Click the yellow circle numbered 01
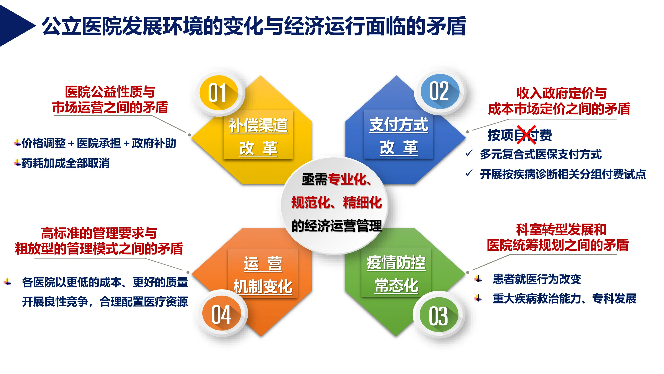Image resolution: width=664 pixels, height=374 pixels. [x=219, y=93]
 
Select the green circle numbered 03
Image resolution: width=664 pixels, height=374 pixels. [x=439, y=315]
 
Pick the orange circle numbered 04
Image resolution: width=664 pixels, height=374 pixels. [x=221, y=314]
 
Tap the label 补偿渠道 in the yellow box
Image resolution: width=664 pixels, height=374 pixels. [x=258, y=125]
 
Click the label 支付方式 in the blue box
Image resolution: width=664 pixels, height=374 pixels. [x=398, y=125]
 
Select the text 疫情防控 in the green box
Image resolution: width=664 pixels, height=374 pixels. [x=396, y=263]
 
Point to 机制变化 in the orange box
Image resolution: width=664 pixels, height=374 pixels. [x=263, y=286]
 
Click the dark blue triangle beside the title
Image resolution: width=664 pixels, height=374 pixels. [x=14, y=26]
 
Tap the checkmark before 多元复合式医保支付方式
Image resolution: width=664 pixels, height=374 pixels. [x=469, y=154]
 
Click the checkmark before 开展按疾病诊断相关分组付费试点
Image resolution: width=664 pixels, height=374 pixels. [x=469, y=173]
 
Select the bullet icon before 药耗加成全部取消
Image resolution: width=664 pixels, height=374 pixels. [x=17, y=163]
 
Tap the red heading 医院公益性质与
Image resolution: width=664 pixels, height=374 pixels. [x=110, y=92]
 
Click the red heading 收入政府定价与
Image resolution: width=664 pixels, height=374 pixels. [x=561, y=93]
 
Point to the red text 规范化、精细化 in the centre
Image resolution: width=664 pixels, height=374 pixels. [x=336, y=202]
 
